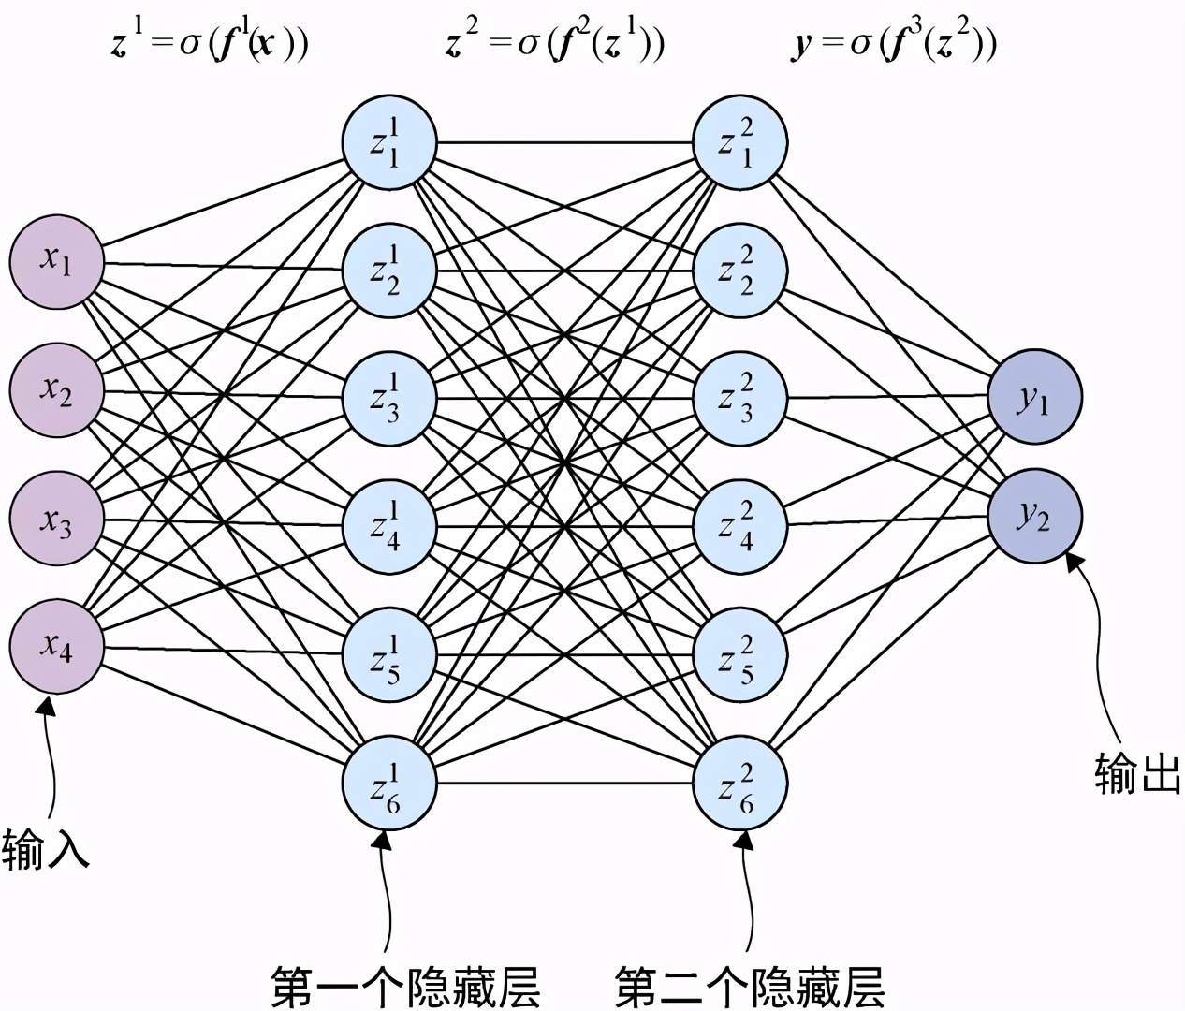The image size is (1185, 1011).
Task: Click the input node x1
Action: pyautogui.click(x=56, y=261)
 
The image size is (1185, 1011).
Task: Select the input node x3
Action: pyautogui.click(x=56, y=518)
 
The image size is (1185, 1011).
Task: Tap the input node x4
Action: pyautogui.click(x=56, y=646)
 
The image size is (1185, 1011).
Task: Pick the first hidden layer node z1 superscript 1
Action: pyautogui.click(x=388, y=143)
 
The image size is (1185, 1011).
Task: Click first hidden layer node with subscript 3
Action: pyautogui.click(x=388, y=399)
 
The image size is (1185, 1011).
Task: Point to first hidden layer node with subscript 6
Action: pyautogui.click(x=388, y=784)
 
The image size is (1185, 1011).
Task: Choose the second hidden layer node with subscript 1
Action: pyautogui.click(x=739, y=143)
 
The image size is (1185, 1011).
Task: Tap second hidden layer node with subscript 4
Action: pyautogui.click(x=739, y=525)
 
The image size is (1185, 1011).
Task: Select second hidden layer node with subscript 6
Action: pyautogui.click(x=739, y=784)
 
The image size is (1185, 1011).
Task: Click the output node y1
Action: pyautogui.click(x=1034, y=398)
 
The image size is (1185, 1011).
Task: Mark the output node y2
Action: pyautogui.click(x=1034, y=516)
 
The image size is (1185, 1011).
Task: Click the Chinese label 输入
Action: pyautogui.click(x=45, y=849)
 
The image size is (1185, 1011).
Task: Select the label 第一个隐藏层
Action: pyautogui.click(x=405, y=986)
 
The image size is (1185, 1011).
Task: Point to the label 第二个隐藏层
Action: pyautogui.click(x=750, y=986)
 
